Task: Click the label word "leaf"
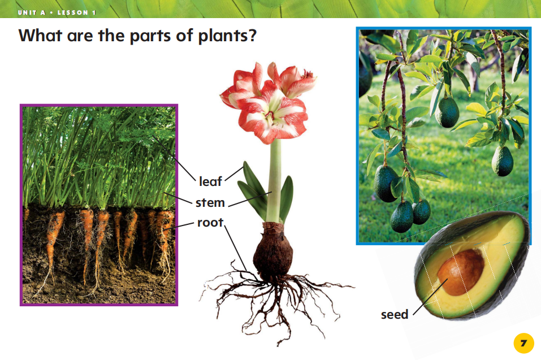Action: click(210, 181)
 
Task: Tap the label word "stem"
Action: click(210, 202)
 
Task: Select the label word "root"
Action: click(210, 223)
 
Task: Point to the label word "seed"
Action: click(395, 314)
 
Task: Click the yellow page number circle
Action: click(523, 343)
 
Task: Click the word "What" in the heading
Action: click(40, 35)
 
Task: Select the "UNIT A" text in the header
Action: click(32, 13)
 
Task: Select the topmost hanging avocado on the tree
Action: click(447, 112)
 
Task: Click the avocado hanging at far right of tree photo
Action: click(503, 161)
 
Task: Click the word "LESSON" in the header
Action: click(73, 13)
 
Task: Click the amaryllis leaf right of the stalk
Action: click(286, 198)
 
